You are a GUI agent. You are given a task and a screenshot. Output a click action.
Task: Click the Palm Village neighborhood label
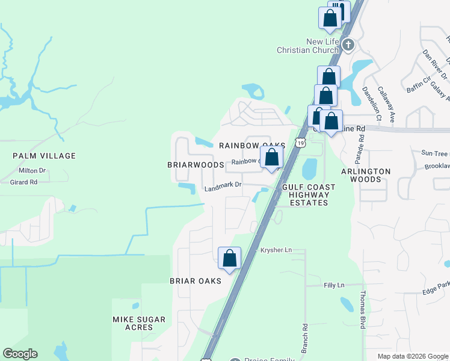(x=45, y=156)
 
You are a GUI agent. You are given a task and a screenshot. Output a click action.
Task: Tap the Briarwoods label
(x=196, y=164)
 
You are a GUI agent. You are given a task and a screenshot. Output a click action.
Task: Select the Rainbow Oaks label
(x=251, y=146)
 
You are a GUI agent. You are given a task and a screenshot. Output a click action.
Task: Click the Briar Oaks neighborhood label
(x=196, y=281)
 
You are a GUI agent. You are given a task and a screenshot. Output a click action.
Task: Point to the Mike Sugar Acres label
(x=137, y=322)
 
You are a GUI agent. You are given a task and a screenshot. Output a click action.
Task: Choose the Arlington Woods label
(x=366, y=175)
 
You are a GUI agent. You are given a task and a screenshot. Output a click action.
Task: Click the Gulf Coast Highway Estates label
(x=307, y=195)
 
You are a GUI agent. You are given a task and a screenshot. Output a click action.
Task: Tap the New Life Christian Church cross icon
(x=348, y=45)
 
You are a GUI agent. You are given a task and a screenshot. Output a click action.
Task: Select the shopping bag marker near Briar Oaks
(x=229, y=258)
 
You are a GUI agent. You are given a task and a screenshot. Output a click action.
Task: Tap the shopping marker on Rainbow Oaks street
(x=272, y=158)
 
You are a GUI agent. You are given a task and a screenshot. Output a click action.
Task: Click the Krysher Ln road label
(x=276, y=250)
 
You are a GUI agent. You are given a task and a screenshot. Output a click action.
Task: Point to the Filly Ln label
(x=333, y=285)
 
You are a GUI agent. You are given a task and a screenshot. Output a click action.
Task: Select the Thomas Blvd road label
(x=363, y=310)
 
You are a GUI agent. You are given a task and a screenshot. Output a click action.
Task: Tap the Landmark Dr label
(x=223, y=187)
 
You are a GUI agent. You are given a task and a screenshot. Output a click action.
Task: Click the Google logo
(x=20, y=354)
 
